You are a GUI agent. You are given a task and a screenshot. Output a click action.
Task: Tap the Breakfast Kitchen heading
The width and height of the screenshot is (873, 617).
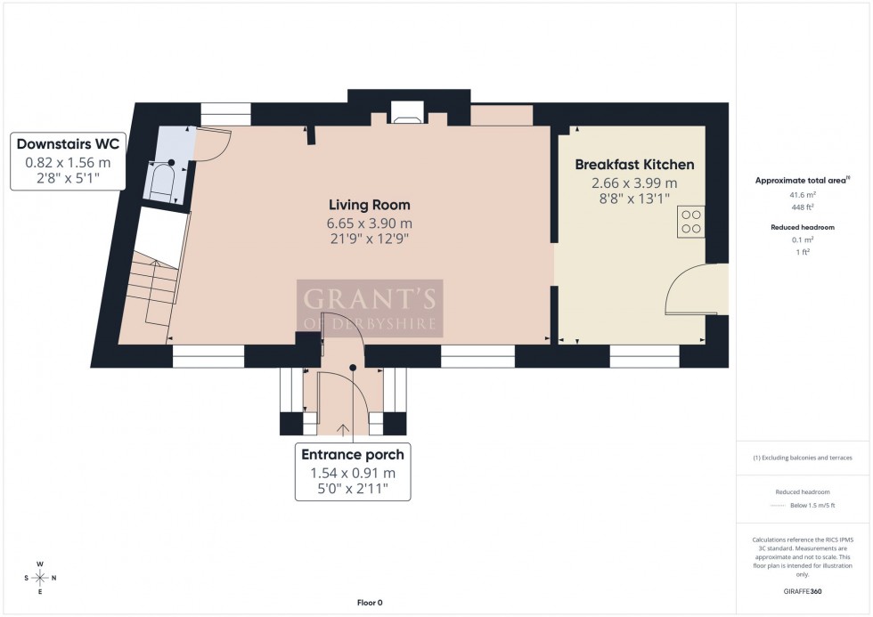[x=634, y=165]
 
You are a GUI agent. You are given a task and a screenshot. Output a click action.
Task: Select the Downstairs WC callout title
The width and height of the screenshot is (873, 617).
[x=67, y=144]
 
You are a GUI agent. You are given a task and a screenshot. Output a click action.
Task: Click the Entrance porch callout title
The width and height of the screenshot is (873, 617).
[x=352, y=455]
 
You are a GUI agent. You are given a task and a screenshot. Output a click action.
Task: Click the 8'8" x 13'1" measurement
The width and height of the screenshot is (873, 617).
[x=634, y=199]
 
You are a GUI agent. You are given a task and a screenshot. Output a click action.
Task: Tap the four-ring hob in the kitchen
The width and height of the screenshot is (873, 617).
[x=690, y=220]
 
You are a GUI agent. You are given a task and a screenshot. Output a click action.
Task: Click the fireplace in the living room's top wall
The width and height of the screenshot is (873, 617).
[x=407, y=111]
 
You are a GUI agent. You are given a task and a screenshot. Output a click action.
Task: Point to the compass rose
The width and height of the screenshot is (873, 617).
[x=40, y=577]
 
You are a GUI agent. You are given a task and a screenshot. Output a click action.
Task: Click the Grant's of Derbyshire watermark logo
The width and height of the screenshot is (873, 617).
[x=369, y=308]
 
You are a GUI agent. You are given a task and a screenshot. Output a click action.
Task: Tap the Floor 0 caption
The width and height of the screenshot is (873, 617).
[x=368, y=603]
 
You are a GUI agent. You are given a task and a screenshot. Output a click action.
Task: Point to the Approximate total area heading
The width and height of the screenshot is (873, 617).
[x=801, y=180]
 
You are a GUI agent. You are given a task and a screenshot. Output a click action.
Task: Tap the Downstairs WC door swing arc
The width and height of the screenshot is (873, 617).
[x=215, y=146]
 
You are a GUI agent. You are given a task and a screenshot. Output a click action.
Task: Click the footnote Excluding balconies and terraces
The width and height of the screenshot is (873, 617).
[x=802, y=458]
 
